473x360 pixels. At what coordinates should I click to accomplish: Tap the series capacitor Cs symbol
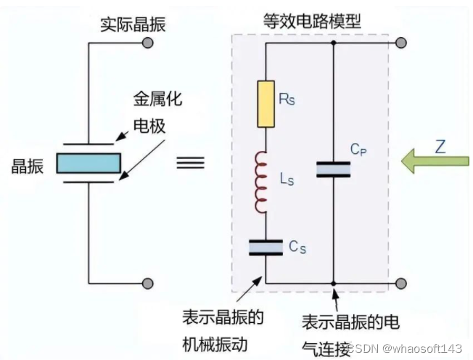click(x=266, y=247)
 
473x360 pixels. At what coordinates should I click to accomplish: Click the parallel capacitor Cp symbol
click(x=333, y=169)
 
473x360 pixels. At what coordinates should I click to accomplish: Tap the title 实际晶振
click(x=133, y=25)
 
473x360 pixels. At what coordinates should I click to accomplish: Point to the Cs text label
click(x=297, y=247)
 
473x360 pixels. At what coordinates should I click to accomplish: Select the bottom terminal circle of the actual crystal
click(x=148, y=283)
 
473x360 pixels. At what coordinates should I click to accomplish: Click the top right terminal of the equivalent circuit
click(x=400, y=44)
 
